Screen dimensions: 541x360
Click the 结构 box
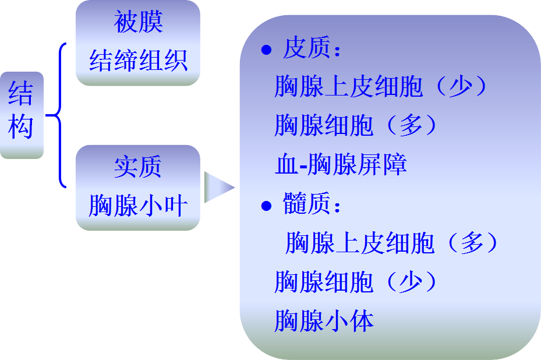point(22,115)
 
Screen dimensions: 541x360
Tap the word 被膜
point(138,23)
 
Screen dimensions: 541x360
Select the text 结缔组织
point(138,60)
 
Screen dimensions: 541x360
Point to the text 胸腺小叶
point(138,205)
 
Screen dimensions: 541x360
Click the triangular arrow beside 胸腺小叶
point(218,187)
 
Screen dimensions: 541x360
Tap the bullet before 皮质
point(266,51)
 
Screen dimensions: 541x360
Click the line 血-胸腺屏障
point(341,165)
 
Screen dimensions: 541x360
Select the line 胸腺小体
point(324,320)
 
